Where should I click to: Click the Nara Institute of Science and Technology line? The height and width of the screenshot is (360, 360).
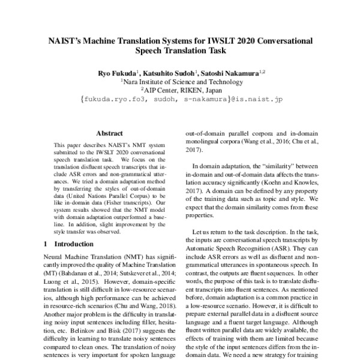(x=180, y=81)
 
